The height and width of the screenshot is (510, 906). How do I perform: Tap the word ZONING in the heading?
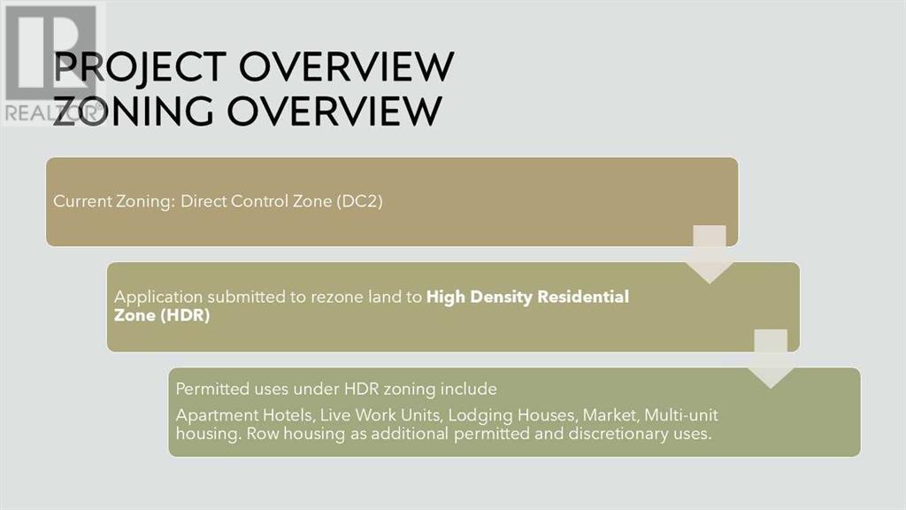click(133, 111)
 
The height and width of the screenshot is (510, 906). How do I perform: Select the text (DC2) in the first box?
click(359, 201)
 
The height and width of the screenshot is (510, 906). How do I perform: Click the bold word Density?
click(501, 297)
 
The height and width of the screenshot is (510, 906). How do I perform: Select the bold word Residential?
click(583, 297)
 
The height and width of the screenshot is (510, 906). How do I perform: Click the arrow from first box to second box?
click(710, 254)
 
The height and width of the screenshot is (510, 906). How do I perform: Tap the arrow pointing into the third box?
click(771, 359)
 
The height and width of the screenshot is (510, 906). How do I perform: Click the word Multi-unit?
click(681, 415)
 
